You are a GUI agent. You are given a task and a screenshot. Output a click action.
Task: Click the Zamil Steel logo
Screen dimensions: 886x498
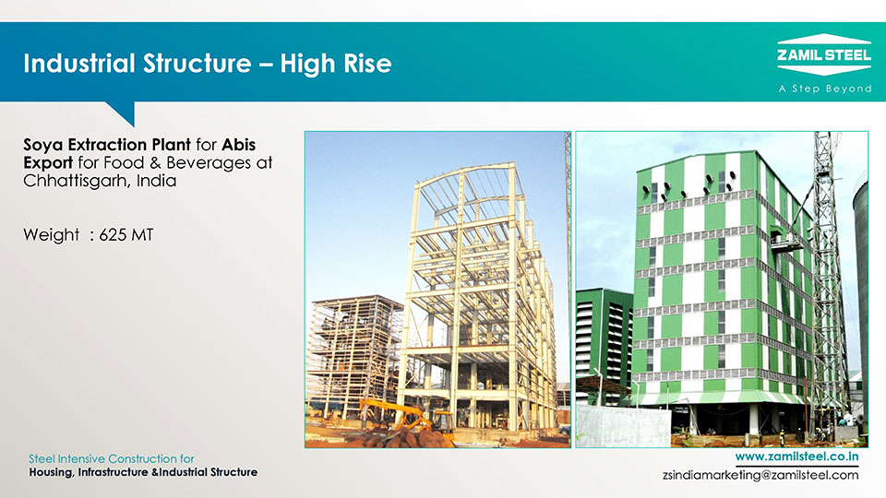(x=824, y=54)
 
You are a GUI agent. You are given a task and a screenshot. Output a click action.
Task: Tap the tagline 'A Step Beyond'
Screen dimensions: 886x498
(x=825, y=89)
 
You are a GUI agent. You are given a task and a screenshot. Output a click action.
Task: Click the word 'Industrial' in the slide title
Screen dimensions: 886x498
(x=79, y=64)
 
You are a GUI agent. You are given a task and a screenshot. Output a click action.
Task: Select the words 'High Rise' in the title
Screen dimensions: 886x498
(x=336, y=64)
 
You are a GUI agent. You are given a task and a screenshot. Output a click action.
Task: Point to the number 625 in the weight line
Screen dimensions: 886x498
(x=113, y=235)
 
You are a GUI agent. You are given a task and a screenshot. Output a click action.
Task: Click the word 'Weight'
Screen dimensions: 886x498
(x=52, y=235)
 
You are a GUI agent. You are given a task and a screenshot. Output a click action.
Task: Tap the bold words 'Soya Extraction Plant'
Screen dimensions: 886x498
(x=107, y=145)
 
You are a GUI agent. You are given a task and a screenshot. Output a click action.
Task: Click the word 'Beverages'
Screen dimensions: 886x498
(x=209, y=162)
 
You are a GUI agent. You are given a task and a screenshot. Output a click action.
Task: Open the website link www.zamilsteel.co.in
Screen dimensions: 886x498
(x=796, y=456)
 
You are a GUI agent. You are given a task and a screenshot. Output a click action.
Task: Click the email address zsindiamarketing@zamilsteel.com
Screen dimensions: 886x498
(x=760, y=475)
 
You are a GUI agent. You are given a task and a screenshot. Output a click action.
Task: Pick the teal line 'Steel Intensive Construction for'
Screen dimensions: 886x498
(x=112, y=458)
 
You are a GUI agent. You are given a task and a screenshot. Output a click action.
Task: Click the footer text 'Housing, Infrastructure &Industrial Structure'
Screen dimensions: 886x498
(x=143, y=472)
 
